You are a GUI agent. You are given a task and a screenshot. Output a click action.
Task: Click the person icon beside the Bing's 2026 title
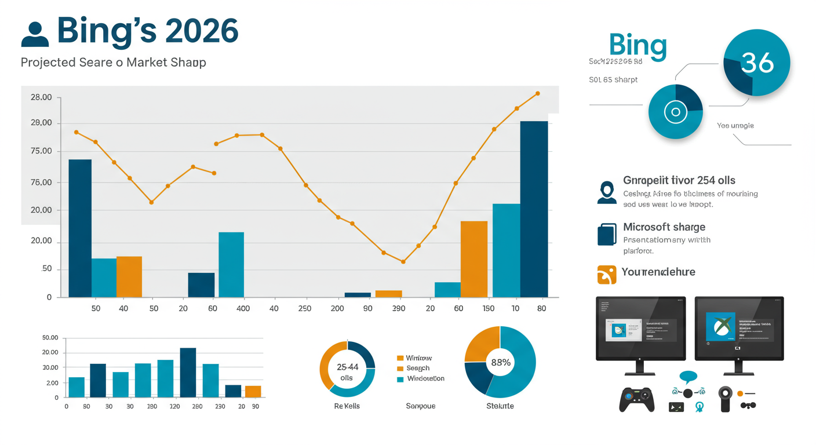[x=35, y=34]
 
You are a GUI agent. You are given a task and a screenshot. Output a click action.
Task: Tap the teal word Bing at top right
[x=638, y=45]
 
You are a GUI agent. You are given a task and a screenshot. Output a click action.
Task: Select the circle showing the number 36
[x=757, y=63]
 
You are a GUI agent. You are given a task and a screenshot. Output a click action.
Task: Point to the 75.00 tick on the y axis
[x=41, y=151]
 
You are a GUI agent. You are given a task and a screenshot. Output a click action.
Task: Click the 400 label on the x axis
[x=243, y=309]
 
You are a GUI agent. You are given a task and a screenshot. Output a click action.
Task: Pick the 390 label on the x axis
[x=398, y=309]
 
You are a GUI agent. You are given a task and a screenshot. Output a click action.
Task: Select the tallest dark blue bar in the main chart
[x=534, y=209]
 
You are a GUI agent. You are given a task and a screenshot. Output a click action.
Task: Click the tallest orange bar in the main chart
[x=473, y=259]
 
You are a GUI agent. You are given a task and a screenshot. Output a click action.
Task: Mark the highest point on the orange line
[x=537, y=93]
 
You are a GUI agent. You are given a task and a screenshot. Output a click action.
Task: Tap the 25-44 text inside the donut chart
[x=347, y=367]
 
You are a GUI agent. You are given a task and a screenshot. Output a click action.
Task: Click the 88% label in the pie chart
[x=500, y=363]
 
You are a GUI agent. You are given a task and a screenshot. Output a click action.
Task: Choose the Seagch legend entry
[x=417, y=369]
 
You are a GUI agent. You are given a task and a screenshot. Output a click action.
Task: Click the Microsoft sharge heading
[x=664, y=227]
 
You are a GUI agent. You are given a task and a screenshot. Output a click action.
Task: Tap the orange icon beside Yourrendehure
[x=606, y=275]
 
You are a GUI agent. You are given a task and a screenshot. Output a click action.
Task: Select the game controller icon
[x=636, y=400]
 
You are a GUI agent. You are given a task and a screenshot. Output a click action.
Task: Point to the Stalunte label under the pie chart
[x=500, y=406]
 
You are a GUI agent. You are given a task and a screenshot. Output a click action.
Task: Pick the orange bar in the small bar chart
[x=253, y=391]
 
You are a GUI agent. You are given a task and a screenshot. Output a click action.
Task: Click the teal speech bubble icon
[x=688, y=377]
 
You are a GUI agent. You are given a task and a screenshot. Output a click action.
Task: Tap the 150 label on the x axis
[x=488, y=309]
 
